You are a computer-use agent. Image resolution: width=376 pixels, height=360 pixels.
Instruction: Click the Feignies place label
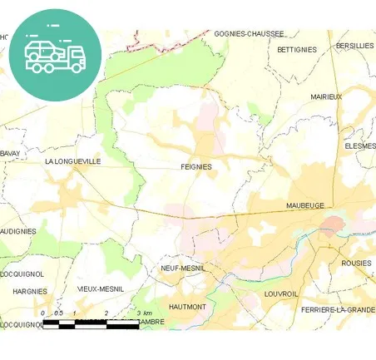click(x=196, y=166)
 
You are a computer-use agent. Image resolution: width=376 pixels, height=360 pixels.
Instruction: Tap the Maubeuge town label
click(x=304, y=205)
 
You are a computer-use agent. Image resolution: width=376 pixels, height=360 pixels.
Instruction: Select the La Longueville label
click(x=72, y=161)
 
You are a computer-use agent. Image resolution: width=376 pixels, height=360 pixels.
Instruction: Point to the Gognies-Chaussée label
click(x=249, y=34)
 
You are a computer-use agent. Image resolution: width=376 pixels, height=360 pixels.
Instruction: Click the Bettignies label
click(x=297, y=50)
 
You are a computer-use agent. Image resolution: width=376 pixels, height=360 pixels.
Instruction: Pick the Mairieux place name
click(x=326, y=97)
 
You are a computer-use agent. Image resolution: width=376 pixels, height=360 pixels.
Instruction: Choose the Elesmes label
click(x=359, y=145)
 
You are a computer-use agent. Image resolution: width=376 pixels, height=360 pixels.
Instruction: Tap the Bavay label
click(x=9, y=153)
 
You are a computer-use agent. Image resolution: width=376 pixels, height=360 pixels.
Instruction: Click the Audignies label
click(x=17, y=231)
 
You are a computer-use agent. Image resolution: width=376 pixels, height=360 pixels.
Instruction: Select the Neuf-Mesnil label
click(x=183, y=269)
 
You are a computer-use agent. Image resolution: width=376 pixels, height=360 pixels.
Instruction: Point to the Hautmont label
click(x=187, y=307)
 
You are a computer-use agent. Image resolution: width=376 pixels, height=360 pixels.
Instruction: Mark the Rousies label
click(x=356, y=263)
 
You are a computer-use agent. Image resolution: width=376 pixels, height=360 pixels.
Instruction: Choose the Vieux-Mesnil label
click(x=100, y=288)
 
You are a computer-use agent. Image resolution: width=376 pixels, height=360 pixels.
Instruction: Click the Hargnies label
click(x=30, y=292)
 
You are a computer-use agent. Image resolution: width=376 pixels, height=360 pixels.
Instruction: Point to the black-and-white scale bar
click(x=90, y=323)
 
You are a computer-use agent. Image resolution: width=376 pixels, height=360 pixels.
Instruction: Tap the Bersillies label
click(x=355, y=46)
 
